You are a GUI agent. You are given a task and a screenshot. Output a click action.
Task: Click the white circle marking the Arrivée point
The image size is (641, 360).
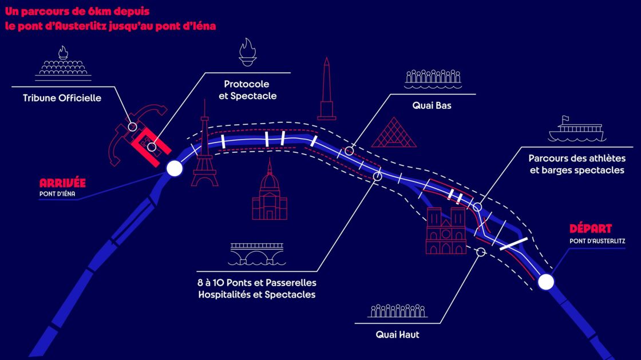(175, 168)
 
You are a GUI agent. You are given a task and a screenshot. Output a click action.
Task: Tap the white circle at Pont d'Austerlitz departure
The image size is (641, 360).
(546, 282)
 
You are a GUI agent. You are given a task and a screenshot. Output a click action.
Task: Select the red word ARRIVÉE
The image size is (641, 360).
(62, 183)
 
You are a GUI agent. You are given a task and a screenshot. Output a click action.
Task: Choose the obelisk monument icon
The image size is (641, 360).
(326, 89)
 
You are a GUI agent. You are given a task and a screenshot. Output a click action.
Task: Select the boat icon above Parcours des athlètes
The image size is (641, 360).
(577, 129)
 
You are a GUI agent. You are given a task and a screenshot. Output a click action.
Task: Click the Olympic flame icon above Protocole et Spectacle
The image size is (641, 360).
(248, 52)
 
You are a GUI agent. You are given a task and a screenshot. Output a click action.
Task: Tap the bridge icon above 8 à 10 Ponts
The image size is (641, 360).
(257, 254)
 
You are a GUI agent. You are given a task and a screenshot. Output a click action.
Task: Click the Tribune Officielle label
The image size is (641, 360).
(62, 98)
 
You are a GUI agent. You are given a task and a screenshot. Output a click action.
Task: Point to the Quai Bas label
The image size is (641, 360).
(432, 105)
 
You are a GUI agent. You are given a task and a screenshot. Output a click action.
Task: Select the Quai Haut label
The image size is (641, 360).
(397, 335)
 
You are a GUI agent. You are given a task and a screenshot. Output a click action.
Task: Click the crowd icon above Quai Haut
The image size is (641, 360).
(397, 311)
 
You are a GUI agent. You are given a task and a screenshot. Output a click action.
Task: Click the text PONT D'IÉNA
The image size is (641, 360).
(57, 194)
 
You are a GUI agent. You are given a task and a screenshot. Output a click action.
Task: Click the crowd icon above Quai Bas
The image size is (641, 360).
(433, 80)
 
